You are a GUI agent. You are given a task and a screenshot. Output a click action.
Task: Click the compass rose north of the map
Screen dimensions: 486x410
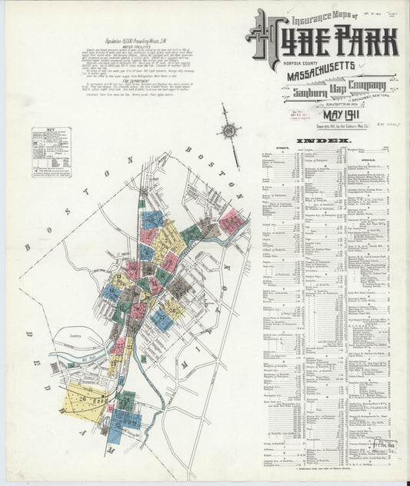point(229,130)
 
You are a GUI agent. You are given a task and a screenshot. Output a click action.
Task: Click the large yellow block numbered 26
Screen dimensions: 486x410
point(84,401)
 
